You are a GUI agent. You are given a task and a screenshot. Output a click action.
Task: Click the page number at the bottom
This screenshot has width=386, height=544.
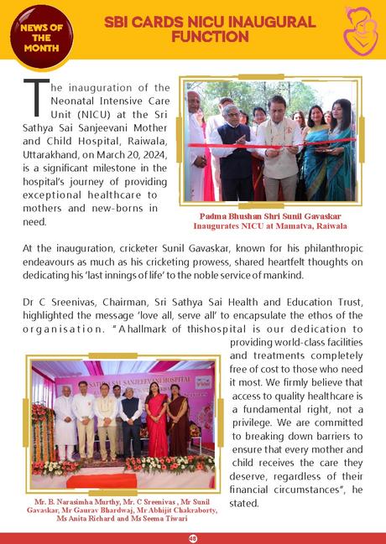(192, 538)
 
